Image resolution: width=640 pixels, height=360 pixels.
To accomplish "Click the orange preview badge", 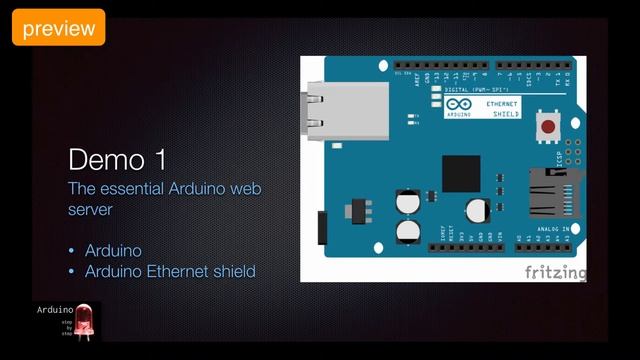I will coord(58,28).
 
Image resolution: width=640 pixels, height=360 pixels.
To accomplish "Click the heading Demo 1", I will coord(117,160).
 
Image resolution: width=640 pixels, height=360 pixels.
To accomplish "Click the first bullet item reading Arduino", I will coord(113,250).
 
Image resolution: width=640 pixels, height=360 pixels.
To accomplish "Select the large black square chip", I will coord(461,174).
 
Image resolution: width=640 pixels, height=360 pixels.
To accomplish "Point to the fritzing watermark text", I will coord(555,272).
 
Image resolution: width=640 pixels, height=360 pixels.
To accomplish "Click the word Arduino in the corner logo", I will coord(55,311).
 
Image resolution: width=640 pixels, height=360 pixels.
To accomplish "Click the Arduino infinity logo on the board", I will coord(457,104).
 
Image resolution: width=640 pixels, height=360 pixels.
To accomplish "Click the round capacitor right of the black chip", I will coord(477,210).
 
